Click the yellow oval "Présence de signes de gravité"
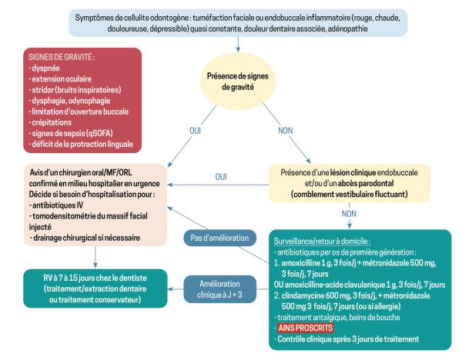(x=238, y=82)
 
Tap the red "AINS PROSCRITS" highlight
(x=306, y=328)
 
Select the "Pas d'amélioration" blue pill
(x=219, y=238)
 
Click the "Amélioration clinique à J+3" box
(x=219, y=289)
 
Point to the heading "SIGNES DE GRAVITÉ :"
(x=62, y=57)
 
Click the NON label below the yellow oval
(x=285, y=131)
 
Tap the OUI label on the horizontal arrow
(x=221, y=177)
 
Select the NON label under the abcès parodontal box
(x=349, y=214)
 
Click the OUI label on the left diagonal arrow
(x=195, y=131)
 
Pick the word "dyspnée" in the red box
(x=45, y=68)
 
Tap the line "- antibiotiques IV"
(x=56, y=205)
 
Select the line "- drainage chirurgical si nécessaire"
(x=85, y=238)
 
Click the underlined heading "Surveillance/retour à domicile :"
(x=322, y=242)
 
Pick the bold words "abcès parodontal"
(x=366, y=183)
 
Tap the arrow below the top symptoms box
(x=238, y=45)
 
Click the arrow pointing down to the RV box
(x=95, y=257)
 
